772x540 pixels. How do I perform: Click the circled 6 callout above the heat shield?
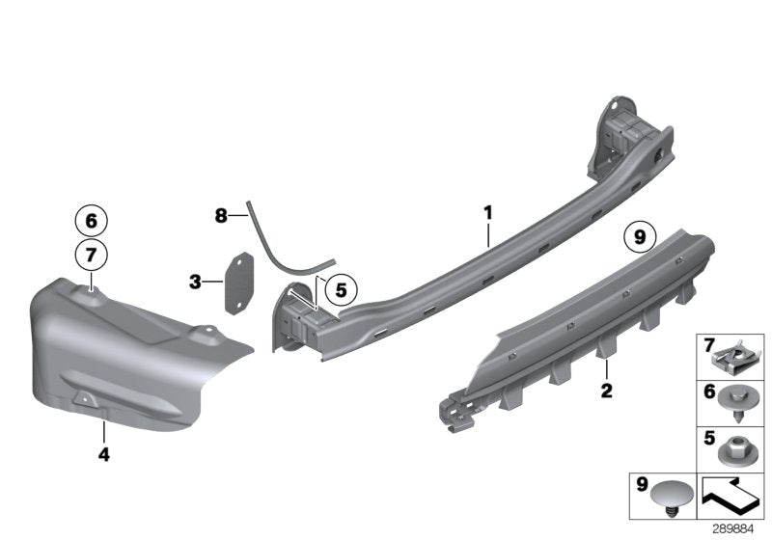90,221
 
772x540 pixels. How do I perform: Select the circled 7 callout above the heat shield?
90,256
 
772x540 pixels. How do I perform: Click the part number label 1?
488,211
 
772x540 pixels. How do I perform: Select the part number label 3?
196,283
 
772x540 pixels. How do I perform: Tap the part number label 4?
102,452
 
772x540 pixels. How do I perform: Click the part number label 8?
221,216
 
